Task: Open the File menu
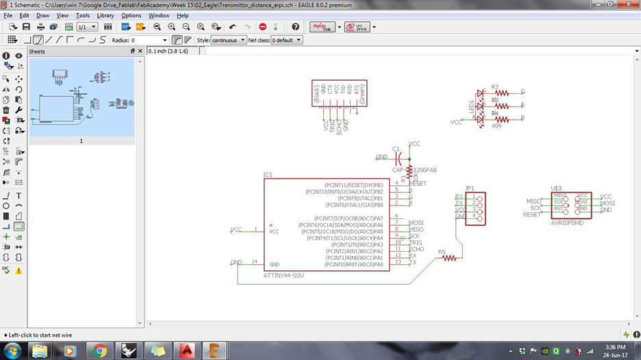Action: pos(8,15)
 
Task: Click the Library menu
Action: pos(105,15)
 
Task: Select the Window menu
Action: pos(159,15)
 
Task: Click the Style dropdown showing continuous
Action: pos(228,40)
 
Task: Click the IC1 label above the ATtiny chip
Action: pos(268,175)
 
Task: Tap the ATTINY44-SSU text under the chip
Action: pos(283,275)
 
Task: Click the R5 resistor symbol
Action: pos(449,259)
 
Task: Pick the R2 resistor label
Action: pos(495,88)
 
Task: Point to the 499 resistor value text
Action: pos(497,125)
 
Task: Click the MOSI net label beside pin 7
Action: pos(416,223)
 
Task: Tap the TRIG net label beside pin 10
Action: pos(416,243)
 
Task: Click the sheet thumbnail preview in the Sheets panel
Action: pos(81,96)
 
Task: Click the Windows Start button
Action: pos(12,350)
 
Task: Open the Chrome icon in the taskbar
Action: pos(100,350)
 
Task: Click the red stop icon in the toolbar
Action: pos(263,27)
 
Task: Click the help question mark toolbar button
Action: pos(295,27)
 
